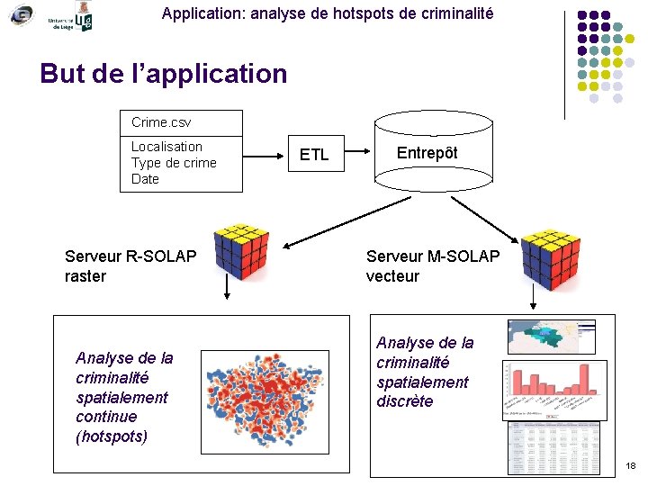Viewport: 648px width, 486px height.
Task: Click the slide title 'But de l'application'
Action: coord(164,74)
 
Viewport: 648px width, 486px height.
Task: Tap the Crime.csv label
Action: coord(161,122)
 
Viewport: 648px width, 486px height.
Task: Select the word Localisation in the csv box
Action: coord(166,147)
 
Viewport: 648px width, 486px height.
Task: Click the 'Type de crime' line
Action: coord(174,163)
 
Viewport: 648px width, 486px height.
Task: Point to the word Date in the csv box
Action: coord(145,179)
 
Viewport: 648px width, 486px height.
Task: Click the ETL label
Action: coord(314,156)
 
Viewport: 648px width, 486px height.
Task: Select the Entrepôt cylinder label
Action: coord(427,153)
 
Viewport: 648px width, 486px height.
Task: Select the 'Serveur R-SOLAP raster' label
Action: coord(130,266)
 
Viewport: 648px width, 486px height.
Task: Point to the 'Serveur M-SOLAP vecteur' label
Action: coord(432,266)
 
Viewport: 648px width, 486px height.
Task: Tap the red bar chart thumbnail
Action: coord(552,390)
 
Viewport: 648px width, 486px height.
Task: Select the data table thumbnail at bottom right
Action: coord(553,447)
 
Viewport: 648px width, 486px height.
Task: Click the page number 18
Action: coord(630,466)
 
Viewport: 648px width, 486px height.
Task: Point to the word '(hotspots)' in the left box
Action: coord(112,436)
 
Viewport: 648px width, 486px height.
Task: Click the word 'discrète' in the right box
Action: coord(404,401)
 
